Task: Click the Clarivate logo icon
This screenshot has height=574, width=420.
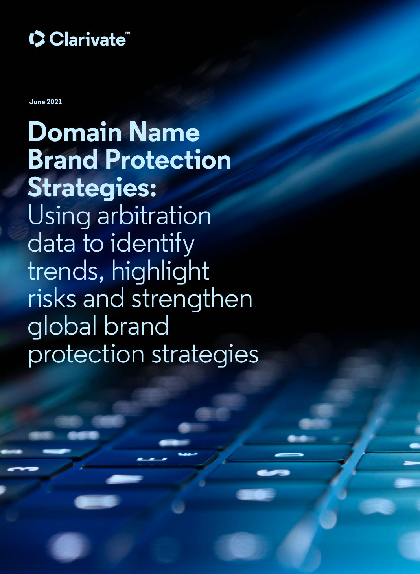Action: [x=37, y=39]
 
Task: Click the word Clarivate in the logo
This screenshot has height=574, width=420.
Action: [x=87, y=39]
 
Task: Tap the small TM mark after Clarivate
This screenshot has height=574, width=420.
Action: [x=127, y=34]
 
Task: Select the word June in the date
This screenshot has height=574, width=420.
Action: [x=37, y=102]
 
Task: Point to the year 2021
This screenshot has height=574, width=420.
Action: [x=54, y=102]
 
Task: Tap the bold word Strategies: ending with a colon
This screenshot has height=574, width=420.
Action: [x=92, y=188]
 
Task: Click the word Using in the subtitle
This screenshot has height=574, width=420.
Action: [x=59, y=216]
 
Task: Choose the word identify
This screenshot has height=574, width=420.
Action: [x=153, y=244]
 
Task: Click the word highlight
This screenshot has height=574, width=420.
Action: [x=160, y=271]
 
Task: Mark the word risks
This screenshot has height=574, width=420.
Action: [x=52, y=299]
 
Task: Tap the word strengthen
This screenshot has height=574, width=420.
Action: [x=192, y=299]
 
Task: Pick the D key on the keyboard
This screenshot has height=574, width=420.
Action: [x=289, y=455]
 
